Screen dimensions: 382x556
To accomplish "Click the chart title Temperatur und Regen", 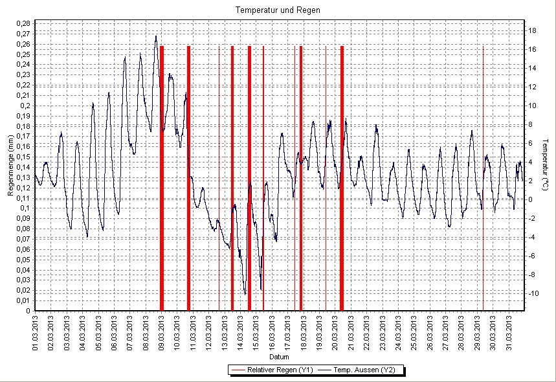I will [278, 10].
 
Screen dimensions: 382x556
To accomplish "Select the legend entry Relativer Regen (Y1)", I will [272, 370].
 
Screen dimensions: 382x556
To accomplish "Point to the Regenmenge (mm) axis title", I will [10, 166].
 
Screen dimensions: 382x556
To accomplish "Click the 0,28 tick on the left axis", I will [21, 24].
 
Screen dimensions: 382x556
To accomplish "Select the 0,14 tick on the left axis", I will [21, 167].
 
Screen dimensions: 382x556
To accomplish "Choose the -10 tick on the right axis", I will [534, 293].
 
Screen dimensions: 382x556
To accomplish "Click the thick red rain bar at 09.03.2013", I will [162, 178].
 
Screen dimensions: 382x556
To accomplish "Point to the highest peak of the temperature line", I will [156, 36].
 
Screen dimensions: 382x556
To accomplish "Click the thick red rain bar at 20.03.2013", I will [342, 178].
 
